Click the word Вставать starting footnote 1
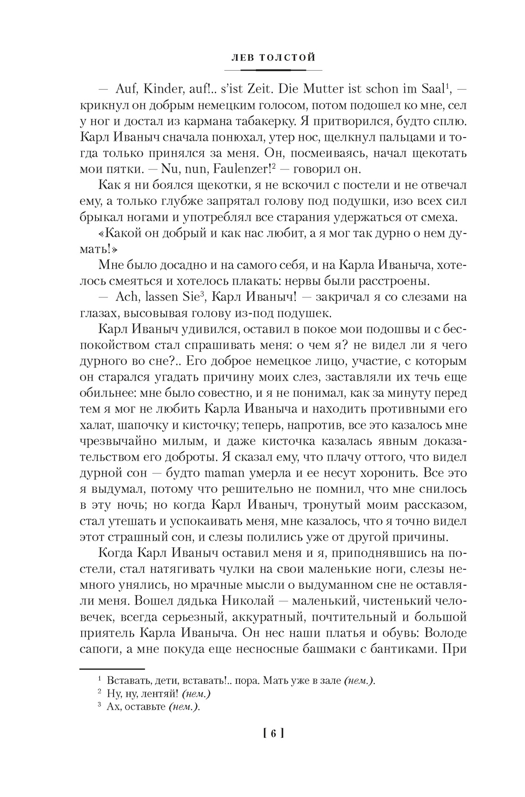pos(127,680)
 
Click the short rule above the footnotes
pos(112,669)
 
